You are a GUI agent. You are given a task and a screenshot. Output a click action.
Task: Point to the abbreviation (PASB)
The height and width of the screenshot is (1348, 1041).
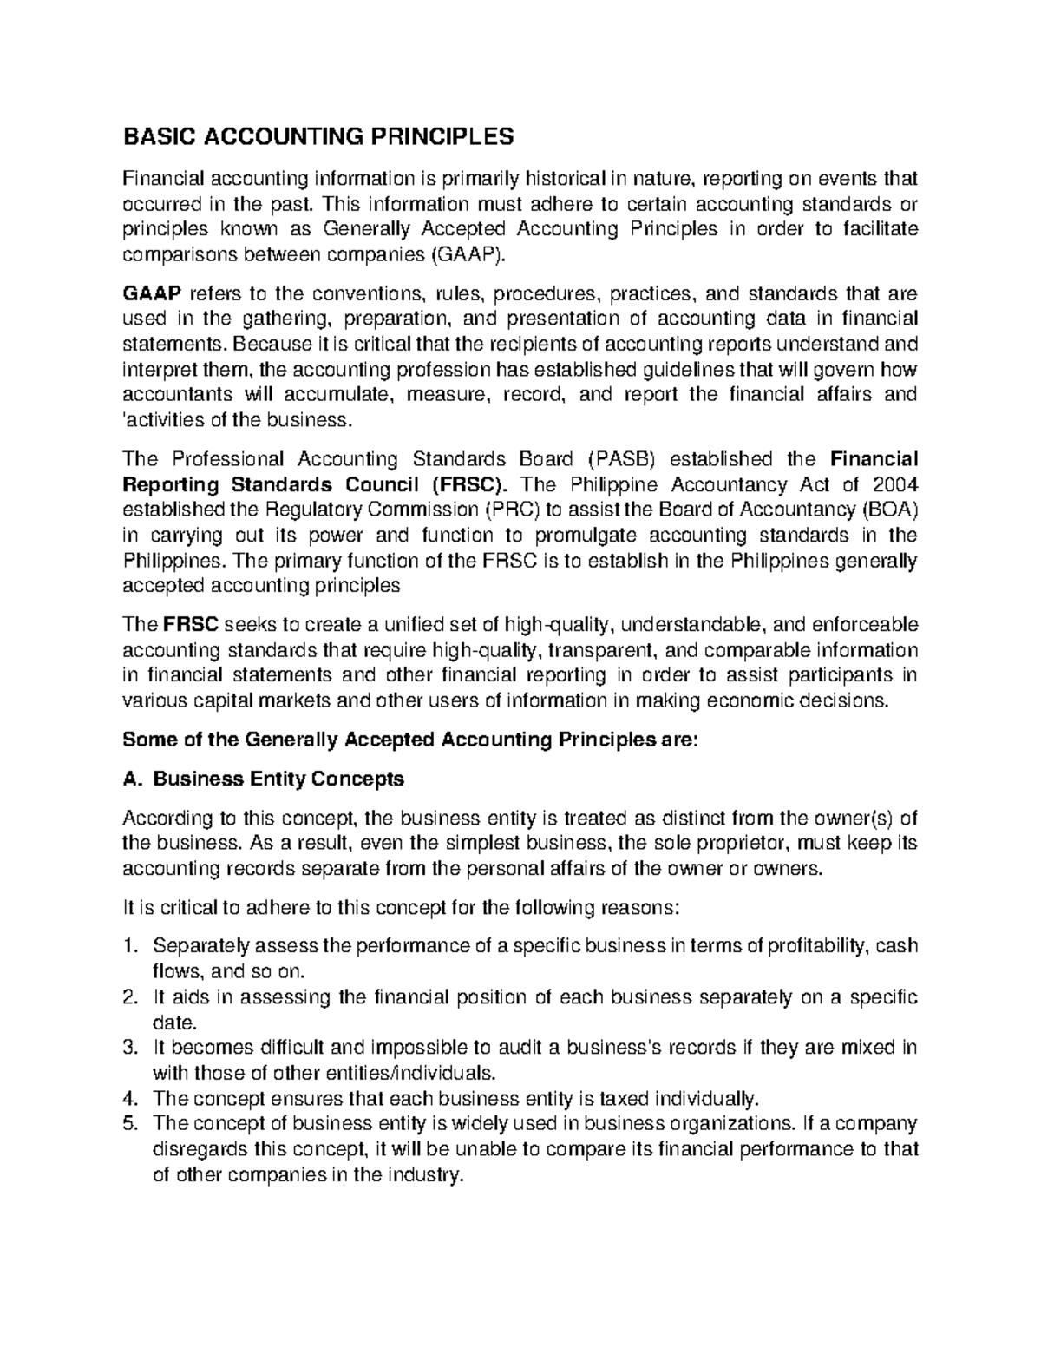pos(619,458)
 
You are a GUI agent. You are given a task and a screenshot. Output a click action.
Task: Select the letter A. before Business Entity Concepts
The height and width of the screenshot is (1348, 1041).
pos(132,779)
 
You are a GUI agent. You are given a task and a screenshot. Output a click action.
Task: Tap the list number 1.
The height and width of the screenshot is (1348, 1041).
pos(131,945)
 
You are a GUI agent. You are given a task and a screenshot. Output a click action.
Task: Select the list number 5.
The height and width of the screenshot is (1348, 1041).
pos(131,1123)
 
